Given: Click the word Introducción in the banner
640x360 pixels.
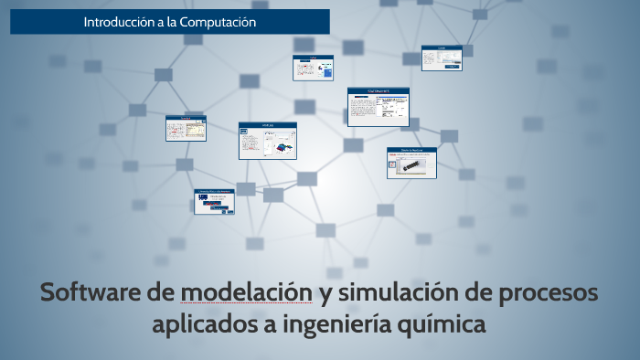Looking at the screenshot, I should pyautogui.click(x=118, y=21).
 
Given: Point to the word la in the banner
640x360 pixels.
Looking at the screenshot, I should pyautogui.click(x=172, y=21).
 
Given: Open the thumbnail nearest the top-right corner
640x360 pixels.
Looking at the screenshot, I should pyautogui.click(x=442, y=58).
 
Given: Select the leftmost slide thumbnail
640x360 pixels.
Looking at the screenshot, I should pyautogui.click(x=186, y=128).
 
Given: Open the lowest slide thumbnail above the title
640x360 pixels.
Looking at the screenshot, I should pyautogui.click(x=214, y=201).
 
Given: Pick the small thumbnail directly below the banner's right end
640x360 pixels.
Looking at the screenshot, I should pyautogui.click(x=311, y=68).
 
